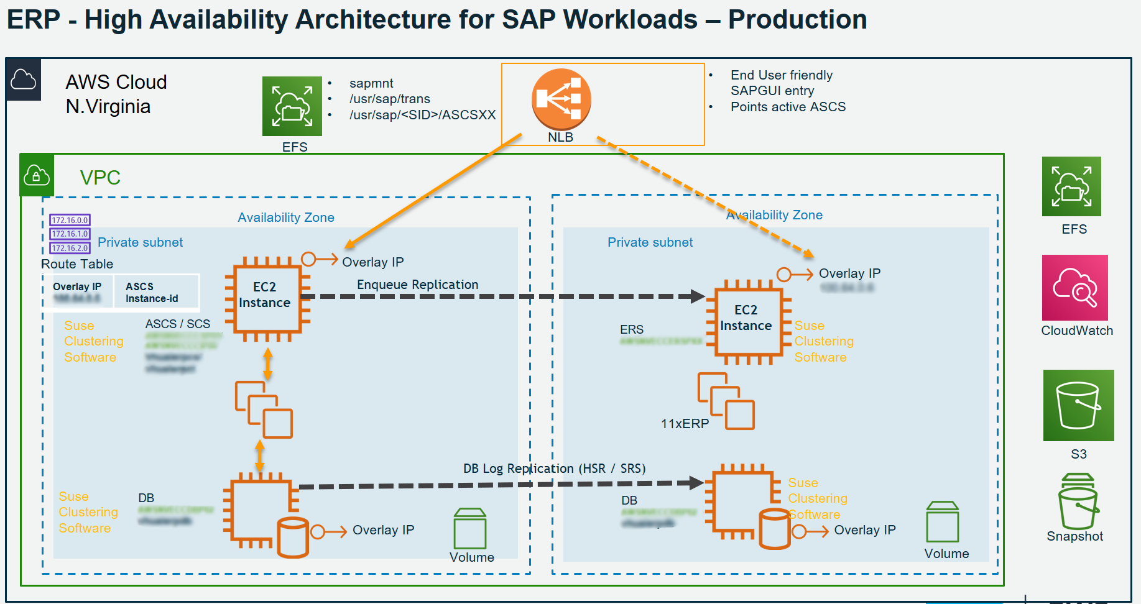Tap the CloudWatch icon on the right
pos(1074,288)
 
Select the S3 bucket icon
pos(1078,405)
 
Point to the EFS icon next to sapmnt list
pos(292,106)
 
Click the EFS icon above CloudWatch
pos(1071,186)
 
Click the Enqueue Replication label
pos(417,285)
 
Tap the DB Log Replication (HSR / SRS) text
pos(554,469)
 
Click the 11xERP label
pos(685,424)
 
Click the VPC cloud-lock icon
pos(37,176)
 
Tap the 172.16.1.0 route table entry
pos(70,234)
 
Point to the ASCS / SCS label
pos(178,324)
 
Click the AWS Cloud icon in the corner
pos(24,80)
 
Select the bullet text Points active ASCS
pos(788,107)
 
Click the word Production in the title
pos(797,19)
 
